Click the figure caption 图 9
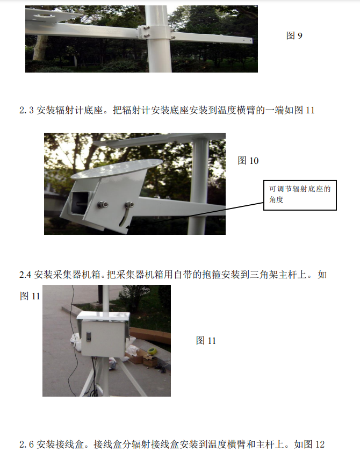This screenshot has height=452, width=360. click(x=294, y=36)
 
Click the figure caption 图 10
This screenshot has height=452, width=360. click(x=248, y=161)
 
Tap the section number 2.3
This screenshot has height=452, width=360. click(x=27, y=110)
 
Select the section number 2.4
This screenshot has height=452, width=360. click(x=25, y=275)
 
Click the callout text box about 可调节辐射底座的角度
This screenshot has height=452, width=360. click(x=300, y=194)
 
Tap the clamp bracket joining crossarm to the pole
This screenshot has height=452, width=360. click(x=145, y=32)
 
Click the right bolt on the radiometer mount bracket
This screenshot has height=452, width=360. click(x=129, y=205)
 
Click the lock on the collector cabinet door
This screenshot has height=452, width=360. click(x=89, y=339)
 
